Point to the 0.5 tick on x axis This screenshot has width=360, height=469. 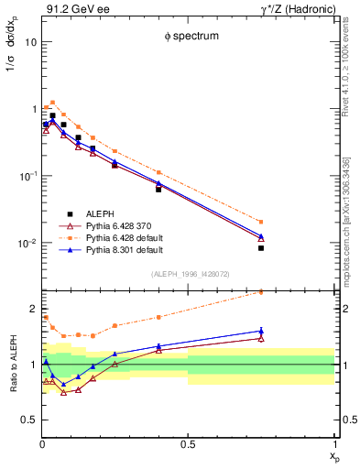(x=187, y=446)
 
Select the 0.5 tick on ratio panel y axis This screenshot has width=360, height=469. (x=27, y=420)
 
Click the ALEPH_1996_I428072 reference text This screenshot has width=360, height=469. (x=188, y=275)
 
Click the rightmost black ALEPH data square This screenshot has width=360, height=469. (x=261, y=248)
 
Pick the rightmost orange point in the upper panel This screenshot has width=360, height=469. (x=261, y=222)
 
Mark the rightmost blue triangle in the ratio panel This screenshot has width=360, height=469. (x=261, y=331)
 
